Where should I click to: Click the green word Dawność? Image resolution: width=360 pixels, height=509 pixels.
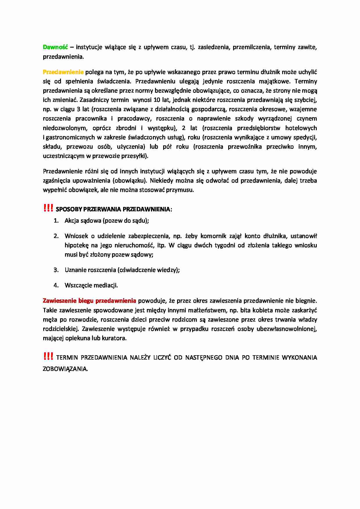coord(55,47)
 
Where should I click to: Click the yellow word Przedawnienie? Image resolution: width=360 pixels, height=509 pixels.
coord(63,72)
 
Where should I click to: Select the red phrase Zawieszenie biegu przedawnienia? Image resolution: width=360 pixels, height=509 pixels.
coord(89,301)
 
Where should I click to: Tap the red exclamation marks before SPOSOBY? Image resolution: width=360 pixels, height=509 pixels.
coord(48,208)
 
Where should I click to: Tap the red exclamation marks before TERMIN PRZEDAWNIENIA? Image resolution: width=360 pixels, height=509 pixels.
coord(48,356)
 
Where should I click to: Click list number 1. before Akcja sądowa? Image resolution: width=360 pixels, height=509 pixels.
coord(56,221)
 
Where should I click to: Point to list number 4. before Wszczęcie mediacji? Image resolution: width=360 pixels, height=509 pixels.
coord(56,285)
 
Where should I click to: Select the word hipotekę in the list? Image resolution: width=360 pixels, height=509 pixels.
coord(76,245)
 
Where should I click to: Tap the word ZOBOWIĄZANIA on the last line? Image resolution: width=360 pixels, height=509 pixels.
coord(65,369)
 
